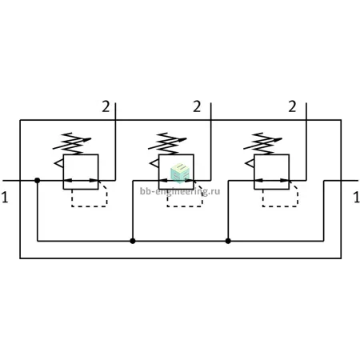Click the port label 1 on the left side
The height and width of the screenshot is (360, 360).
[5, 198]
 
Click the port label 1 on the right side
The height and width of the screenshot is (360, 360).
[357, 198]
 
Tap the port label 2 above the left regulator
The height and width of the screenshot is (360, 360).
[106, 106]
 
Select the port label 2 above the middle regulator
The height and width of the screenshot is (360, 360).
[197, 106]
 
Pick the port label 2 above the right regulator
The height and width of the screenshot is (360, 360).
[292, 106]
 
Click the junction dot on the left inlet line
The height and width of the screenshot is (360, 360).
[38, 181]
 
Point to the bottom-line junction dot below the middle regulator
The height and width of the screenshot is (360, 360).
[133, 241]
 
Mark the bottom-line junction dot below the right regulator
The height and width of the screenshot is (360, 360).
[228, 241]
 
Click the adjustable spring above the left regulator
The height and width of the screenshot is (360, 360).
[72, 143]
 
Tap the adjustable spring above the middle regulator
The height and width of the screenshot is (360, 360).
[168, 143]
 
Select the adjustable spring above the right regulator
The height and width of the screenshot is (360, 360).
[263, 143]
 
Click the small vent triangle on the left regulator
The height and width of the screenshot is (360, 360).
[59, 163]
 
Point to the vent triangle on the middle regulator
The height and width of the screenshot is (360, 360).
[154, 163]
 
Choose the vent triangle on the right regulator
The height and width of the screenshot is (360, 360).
[250, 163]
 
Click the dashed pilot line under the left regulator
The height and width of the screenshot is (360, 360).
[90, 206]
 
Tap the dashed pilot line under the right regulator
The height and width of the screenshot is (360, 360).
[280, 206]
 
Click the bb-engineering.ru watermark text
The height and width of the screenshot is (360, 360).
[180, 191]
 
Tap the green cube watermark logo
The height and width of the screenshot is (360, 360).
[180, 173]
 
